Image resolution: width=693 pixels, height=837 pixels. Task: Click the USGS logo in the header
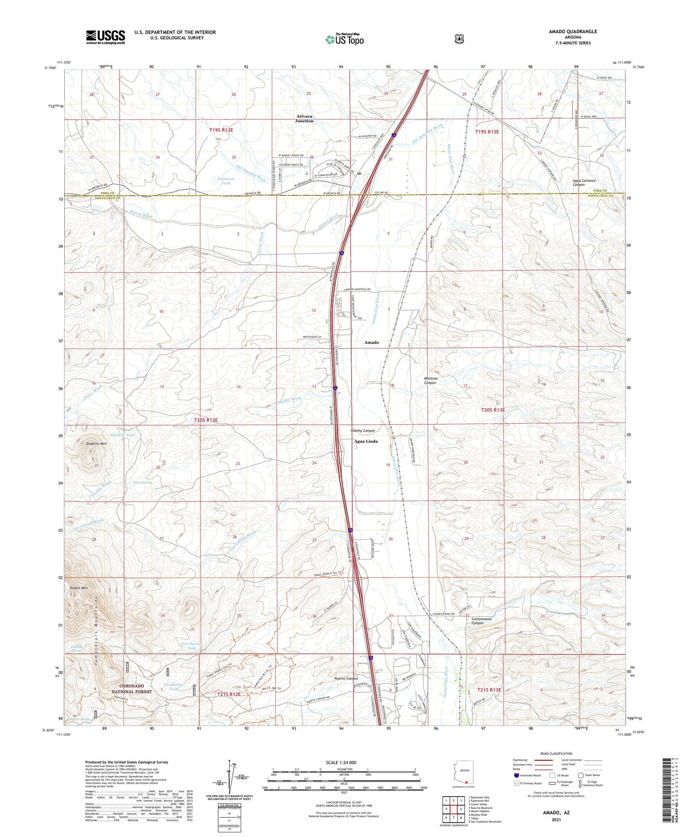click(x=105, y=37)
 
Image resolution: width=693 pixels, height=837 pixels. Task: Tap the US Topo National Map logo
click(x=344, y=40)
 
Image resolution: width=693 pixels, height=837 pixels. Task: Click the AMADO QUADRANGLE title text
click(x=573, y=31)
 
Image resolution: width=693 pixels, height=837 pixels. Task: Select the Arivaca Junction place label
click(x=304, y=119)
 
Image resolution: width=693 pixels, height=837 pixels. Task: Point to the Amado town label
click(x=371, y=343)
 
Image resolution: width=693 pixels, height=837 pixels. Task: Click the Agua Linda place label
click(x=365, y=441)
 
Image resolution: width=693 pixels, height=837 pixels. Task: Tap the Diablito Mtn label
click(x=96, y=444)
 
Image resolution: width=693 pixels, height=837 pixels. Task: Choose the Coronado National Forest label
click(x=131, y=689)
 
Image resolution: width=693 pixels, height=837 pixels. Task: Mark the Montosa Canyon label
click(x=430, y=380)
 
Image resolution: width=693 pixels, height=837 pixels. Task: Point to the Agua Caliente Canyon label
click(x=584, y=182)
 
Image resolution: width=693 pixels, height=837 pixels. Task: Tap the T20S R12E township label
click(x=206, y=420)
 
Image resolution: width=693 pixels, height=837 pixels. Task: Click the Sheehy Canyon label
click(x=363, y=431)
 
